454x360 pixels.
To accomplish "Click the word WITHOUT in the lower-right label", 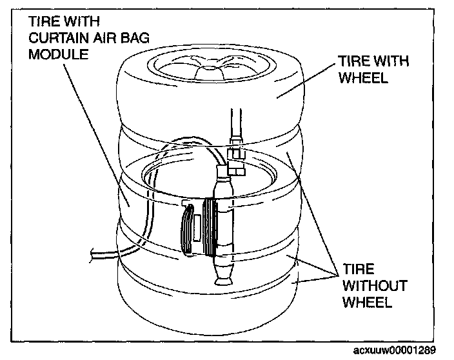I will pos(368,285).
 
